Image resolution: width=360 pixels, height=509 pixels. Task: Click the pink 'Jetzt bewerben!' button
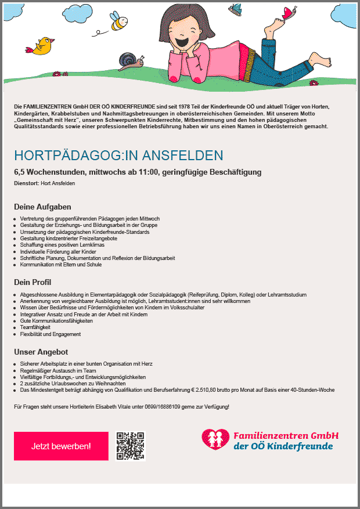pyautogui.click(x=61, y=446)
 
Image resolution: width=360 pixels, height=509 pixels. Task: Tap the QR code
pyautogui.click(x=130, y=446)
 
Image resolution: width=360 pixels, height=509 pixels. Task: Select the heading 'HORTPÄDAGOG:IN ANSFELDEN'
pyautogui.click(x=118, y=156)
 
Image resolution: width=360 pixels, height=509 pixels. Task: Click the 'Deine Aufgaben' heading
pyautogui.click(x=42, y=207)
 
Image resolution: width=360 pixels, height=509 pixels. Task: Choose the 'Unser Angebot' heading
pyautogui.click(x=41, y=352)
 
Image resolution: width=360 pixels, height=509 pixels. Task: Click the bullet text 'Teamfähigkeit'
pyautogui.click(x=36, y=327)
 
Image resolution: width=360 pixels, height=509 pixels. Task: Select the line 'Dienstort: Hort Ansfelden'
pyautogui.click(x=45, y=183)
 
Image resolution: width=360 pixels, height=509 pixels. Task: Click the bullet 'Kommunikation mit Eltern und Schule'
pyautogui.click(x=61, y=265)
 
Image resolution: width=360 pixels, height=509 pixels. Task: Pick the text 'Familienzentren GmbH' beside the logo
pyautogui.click(x=286, y=435)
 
